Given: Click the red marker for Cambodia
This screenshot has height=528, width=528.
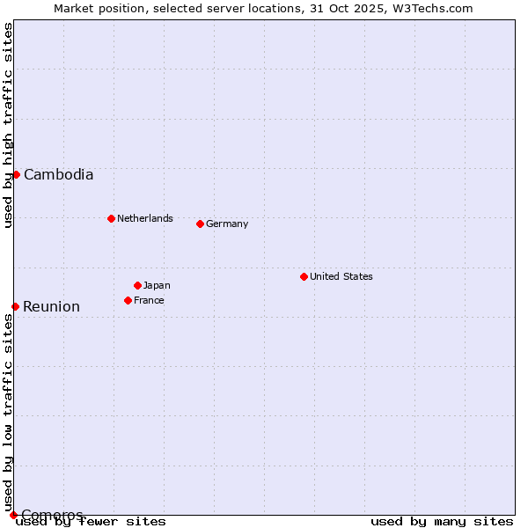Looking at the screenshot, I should click(x=16, y=174).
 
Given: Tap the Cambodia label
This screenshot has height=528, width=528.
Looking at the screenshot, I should click(x=58, y=174).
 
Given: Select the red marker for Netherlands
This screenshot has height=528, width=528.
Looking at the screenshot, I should click(x=111, y=218).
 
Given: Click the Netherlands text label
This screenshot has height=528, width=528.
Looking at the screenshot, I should click(x=144, y=218).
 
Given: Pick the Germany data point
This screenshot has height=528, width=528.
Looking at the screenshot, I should click(x=200, y=224).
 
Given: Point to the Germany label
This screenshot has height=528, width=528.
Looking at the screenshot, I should click(x=227, y=224).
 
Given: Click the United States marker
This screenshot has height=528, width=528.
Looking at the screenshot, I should click(x=304, y=276).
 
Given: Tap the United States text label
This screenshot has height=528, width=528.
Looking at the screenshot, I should click(x=341, y=276).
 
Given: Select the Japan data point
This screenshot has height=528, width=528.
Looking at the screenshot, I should click(x=137, y=285).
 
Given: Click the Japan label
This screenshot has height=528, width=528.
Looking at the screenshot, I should click(x=157, y=285).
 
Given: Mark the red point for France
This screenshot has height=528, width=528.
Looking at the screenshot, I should click(x=128, y=300).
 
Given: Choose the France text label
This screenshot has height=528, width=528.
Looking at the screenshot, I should click(x=149, y=300).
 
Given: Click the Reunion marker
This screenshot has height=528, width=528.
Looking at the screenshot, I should click(x=15, y=306).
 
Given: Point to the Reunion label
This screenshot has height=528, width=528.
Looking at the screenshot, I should click(x=51, y=306).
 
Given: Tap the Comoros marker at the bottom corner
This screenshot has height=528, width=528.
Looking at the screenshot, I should click(x=13, y=515).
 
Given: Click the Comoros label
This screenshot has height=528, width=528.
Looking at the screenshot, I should click(x=52, y=515).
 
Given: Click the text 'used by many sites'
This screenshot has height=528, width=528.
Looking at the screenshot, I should click(x=442, y=522).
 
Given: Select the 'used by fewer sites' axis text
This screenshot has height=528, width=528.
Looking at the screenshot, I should click(x=91, y=522).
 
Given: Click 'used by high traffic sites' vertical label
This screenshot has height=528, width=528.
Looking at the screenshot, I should click(x=8, y=125).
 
